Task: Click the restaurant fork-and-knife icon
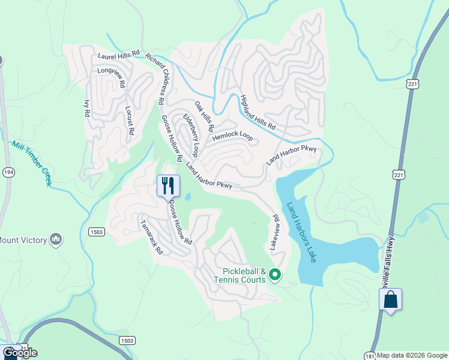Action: pos(168,185)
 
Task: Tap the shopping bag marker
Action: pos(390,299)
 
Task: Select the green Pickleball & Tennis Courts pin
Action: pos(275,275)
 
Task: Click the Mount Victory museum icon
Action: pos(56,240)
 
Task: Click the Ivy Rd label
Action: pos(86,108)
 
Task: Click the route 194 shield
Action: pos(8,172)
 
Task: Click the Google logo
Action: pos(20,353)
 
